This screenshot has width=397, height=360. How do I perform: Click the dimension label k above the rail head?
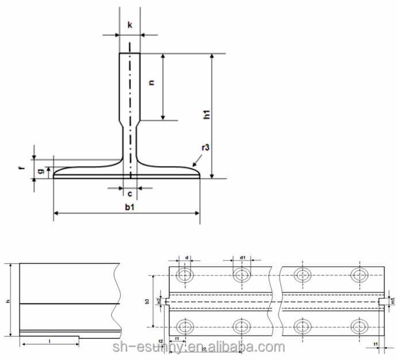[x=130, y=26]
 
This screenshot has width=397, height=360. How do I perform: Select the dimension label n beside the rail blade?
[x=152, y=83]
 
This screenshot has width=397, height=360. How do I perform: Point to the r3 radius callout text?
[x=205, y=148]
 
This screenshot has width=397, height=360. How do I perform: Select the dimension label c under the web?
[x=130, y=194]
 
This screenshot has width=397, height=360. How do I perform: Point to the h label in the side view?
[x=6, y=301]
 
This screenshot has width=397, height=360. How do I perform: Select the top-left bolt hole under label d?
[x=184, y=275]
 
